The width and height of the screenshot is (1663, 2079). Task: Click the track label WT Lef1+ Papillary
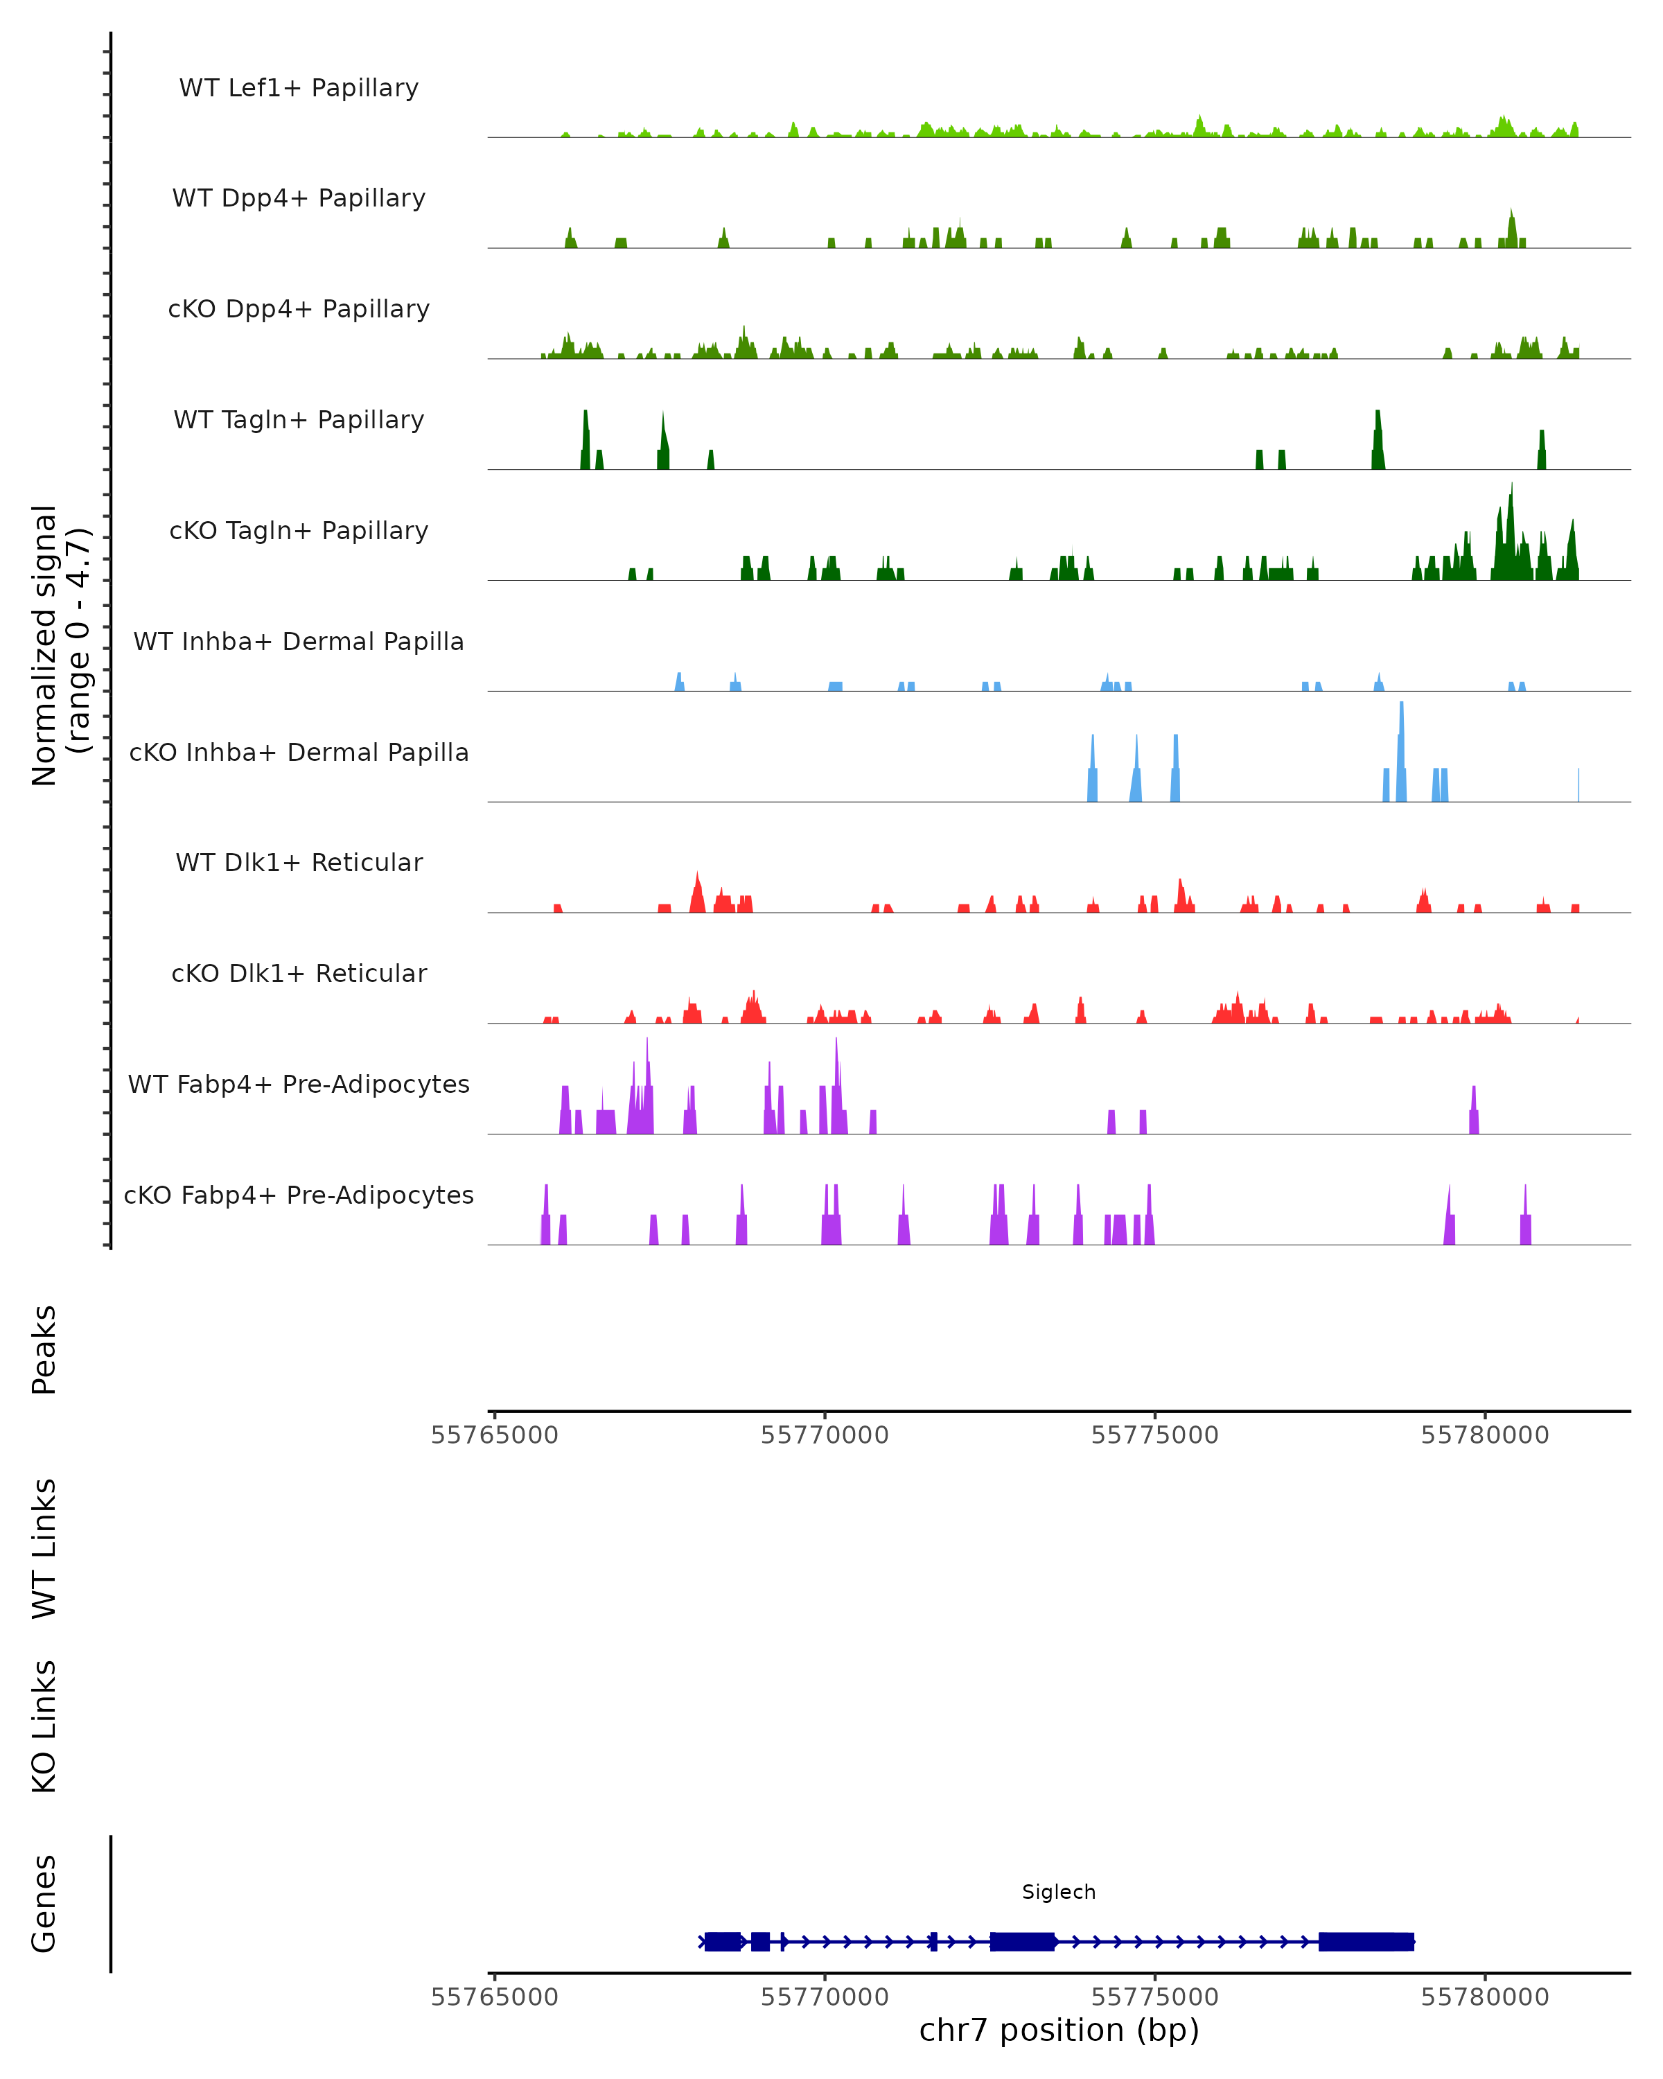point(299,88)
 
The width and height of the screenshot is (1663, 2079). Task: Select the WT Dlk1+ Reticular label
point(299,862)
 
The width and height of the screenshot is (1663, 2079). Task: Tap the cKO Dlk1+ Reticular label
point(299,973)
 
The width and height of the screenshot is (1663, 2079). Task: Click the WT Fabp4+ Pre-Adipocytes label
point(299,1084)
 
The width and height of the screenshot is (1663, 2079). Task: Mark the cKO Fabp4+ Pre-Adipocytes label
point(299,1195)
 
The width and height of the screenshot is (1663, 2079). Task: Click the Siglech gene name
point(1059,1892)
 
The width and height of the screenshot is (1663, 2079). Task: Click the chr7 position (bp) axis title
point(1059,2030)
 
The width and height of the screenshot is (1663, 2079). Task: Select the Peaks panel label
point(44,1349)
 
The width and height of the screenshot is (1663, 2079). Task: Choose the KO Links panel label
point(44,1726)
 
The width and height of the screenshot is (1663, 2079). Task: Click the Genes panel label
point(44,1904)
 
